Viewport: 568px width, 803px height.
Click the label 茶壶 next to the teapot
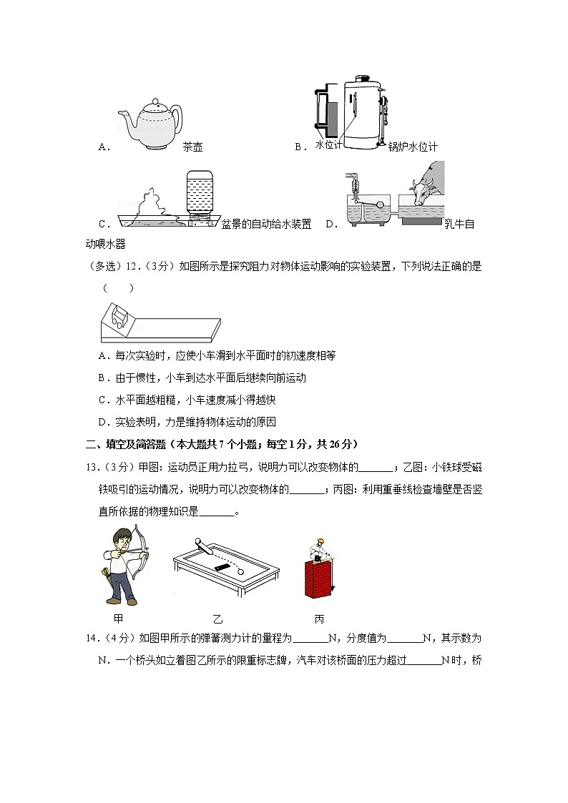[192, 147]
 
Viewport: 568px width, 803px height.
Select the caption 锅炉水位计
[413, 147]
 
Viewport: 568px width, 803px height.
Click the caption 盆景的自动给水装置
[266, 224]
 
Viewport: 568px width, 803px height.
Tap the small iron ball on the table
[240, 571]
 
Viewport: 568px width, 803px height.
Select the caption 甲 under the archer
[119, 618]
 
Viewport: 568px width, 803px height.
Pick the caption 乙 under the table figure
[217, 618]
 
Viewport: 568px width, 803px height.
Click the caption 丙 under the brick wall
[318, 618]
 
